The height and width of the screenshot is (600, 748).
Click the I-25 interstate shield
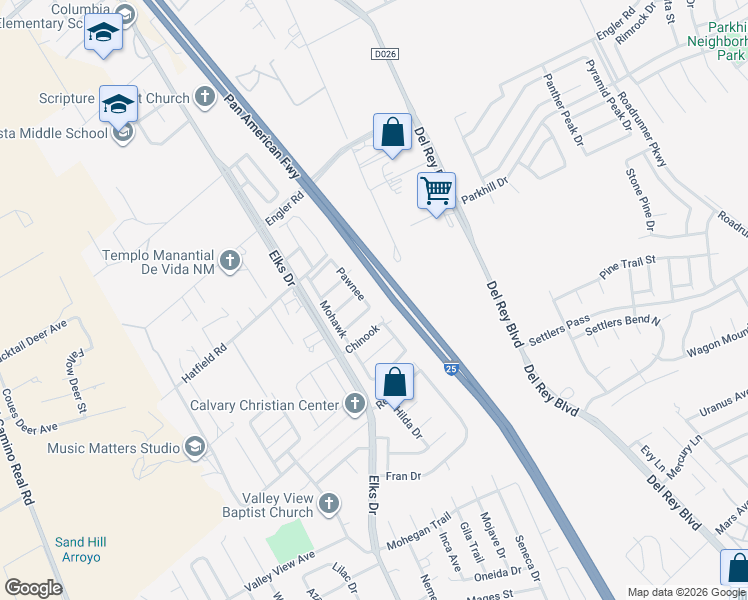(452, 368)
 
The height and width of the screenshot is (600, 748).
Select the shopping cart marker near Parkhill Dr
(436, 190)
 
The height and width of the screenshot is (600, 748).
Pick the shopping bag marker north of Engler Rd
(392, 132)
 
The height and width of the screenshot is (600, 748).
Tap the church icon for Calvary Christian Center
(354, 405)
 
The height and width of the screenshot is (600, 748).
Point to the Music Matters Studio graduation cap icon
(194, 448)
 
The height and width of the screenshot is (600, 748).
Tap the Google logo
(33, 588)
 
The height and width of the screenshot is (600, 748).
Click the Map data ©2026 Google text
(686, 592)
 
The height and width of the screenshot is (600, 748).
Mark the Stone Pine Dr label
(640, 200)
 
